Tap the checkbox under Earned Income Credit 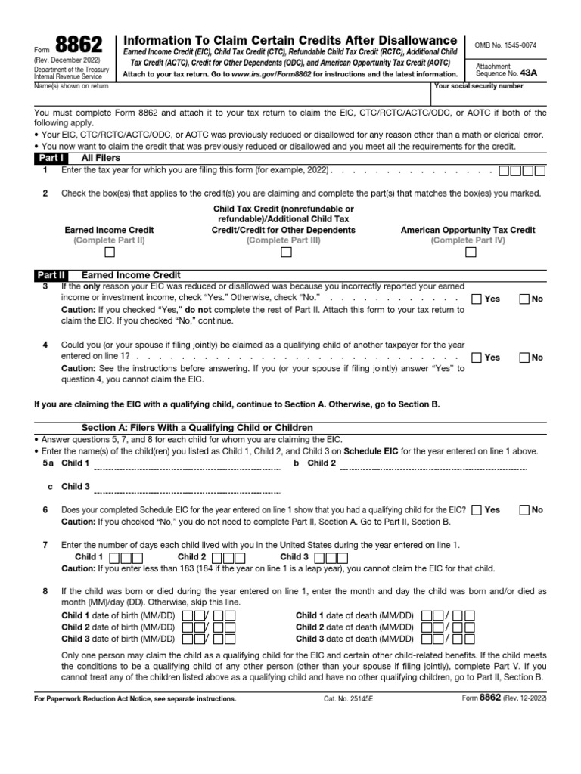pos(110,253)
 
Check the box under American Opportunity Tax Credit pos(471,253)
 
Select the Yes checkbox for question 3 pos(477,299)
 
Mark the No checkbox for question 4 pos(524,357)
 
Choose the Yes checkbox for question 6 pos(477,509)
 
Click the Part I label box pos(51,159)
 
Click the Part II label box pos(52,276)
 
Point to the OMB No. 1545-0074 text pos(505,45)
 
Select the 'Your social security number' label pos(478,87)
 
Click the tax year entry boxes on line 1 pos(521,171)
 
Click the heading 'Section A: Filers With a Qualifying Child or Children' pos(197,428)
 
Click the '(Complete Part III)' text pos(284,240)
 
